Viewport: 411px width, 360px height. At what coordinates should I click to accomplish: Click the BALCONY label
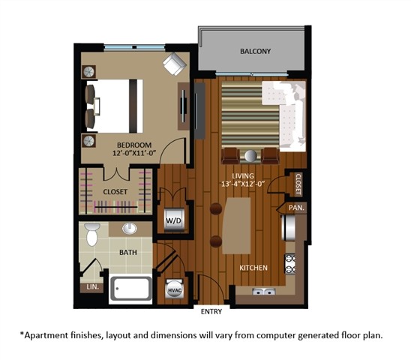click(x=255, y=52)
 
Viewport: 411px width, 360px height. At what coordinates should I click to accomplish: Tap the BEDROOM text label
click(x=134, y=145)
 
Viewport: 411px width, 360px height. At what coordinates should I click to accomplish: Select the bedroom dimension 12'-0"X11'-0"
click(x=134, y=154)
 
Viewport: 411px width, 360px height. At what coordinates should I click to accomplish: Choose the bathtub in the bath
click(x=131, y=289)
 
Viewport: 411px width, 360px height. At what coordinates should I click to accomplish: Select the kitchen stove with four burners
click(x=289, y=263)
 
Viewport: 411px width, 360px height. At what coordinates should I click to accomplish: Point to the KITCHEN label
click(x=254, y=268)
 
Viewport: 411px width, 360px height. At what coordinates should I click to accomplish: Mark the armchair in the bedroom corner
click(x=176, y=65)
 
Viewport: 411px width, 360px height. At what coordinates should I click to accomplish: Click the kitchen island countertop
click(x=238, y=223)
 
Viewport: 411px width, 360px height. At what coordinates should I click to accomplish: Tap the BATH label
click(x=129, y=253)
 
